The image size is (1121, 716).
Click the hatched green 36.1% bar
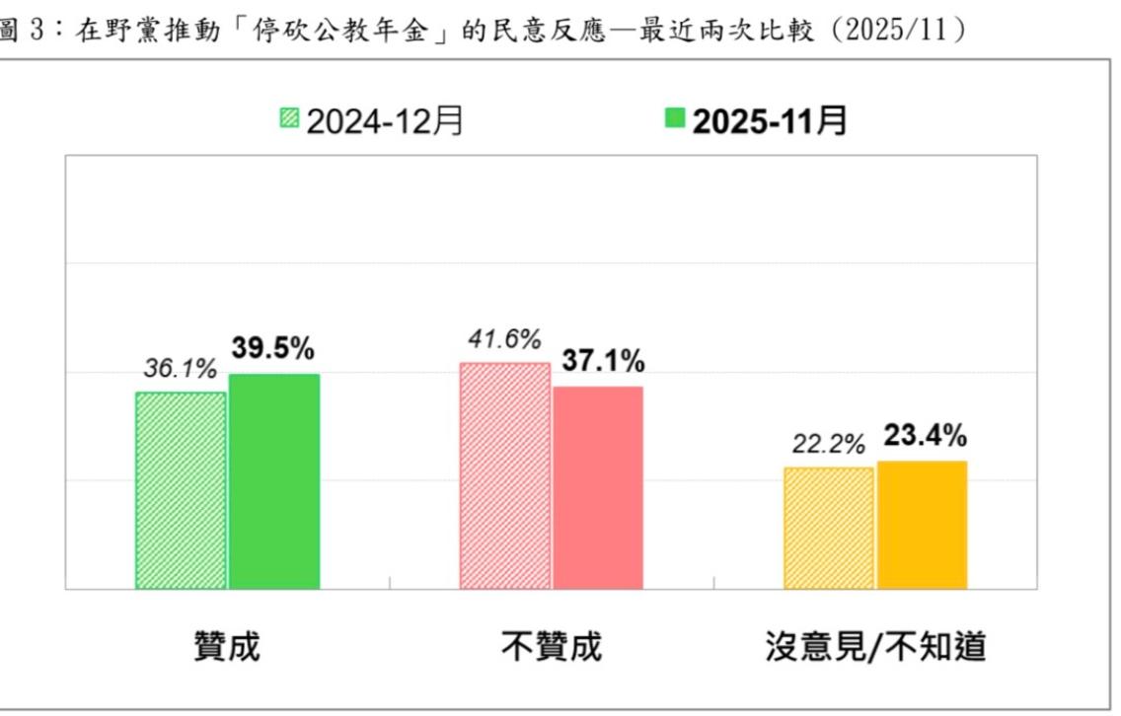181,490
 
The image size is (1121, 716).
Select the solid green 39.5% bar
274,481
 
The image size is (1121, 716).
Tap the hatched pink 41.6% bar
504,475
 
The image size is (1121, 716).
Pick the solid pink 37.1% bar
598,487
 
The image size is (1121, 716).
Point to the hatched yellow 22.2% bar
828,528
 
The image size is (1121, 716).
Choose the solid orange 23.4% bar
922,525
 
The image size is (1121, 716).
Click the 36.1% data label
180,371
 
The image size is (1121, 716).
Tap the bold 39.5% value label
273,348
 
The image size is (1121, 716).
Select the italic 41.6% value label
503,340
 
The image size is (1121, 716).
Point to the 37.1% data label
603,362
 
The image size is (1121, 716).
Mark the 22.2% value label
828,445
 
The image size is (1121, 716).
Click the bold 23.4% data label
925,435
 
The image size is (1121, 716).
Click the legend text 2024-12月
384,121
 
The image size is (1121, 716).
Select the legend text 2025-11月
769,121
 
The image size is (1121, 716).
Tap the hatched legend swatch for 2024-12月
288,120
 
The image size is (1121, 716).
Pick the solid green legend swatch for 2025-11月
675,120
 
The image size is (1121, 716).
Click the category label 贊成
227,647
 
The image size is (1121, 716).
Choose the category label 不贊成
551,647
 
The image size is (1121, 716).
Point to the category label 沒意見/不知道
876,647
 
